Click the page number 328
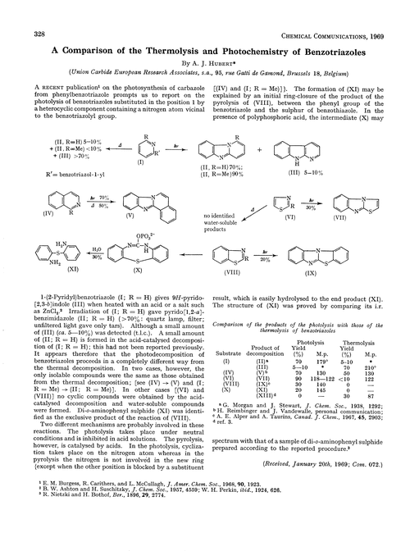16,10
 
